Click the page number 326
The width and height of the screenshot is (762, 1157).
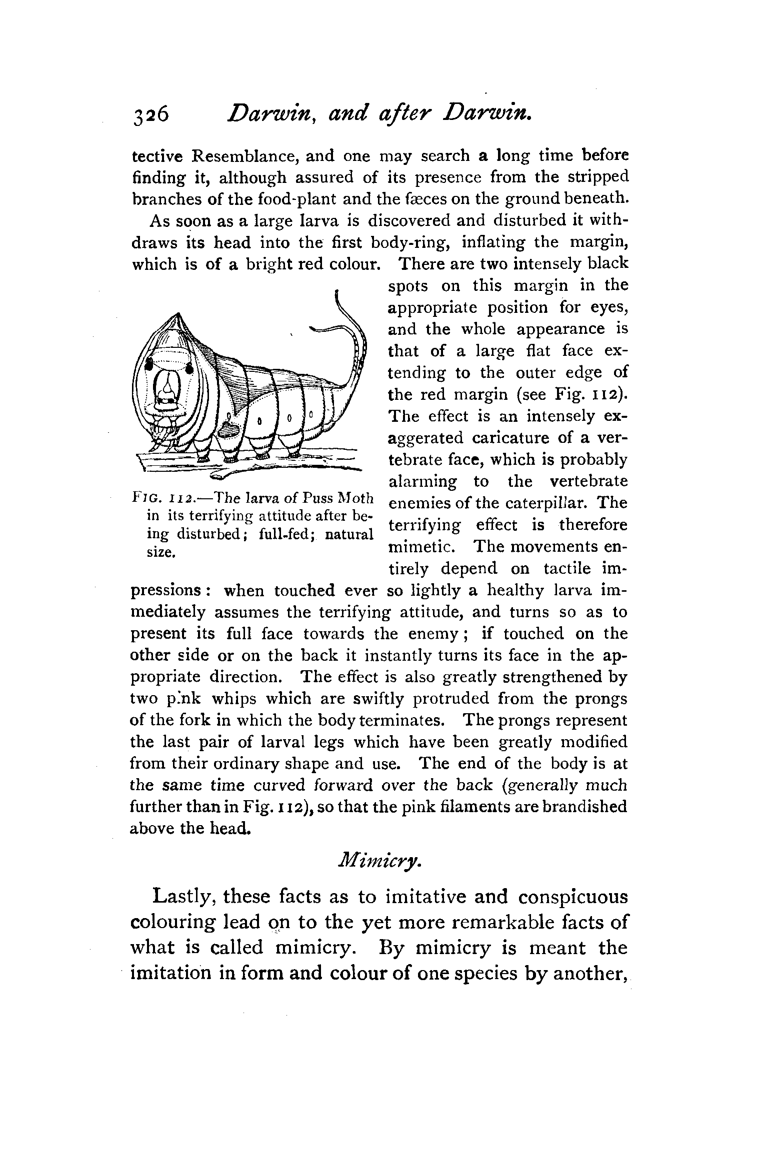tap(150, 116)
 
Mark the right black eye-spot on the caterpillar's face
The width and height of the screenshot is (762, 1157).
tap(190, 369)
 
